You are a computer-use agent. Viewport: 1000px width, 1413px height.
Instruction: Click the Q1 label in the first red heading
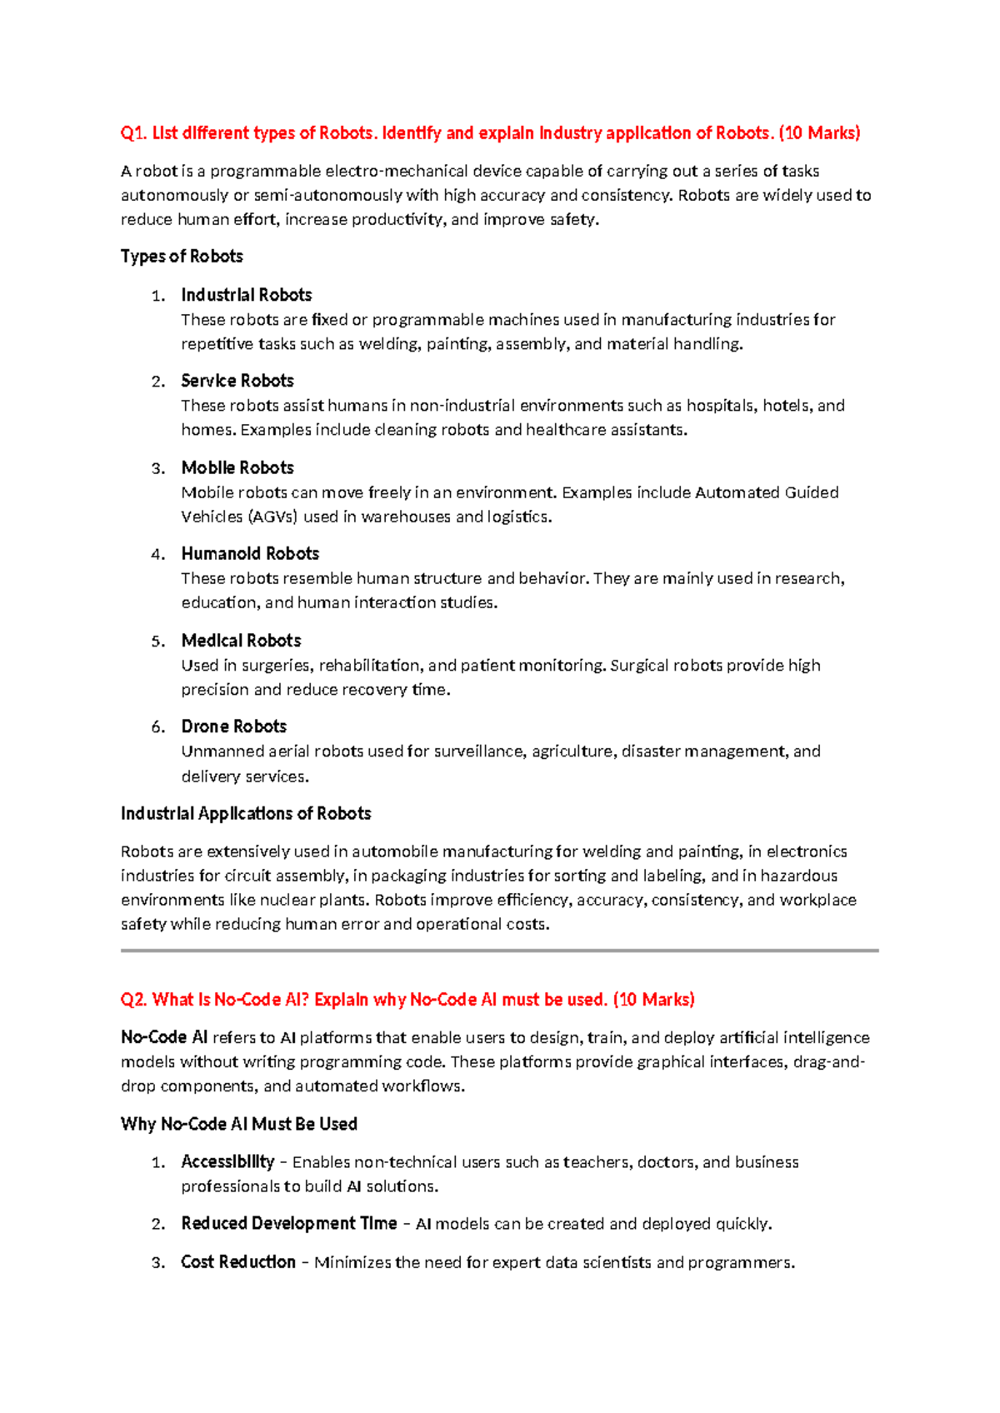pyautogui.click(x=133, y=133)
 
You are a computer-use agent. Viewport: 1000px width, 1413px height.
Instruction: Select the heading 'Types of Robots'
pyautogui.click(x=182, y=257)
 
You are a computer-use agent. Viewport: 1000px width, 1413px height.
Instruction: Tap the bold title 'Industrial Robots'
pyautogui.click(x=247, y=295)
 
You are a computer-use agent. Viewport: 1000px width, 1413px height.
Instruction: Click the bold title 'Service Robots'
pyautogui.click(x=237, y=381)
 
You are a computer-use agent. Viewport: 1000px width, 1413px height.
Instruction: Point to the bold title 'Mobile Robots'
pyautogui.click(x=237, y=467)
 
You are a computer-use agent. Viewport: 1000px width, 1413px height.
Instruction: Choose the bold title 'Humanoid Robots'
pyautogui.click(x=250, y=554)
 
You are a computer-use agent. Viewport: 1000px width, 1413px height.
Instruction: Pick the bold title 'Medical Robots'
pyautogui.click(x=241, y=641)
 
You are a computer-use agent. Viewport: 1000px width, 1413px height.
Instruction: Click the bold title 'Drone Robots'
pyautogui.click(x=234, y=726)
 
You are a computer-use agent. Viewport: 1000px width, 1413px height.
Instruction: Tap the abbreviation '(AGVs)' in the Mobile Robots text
pyautogui.click(x=272, y=517)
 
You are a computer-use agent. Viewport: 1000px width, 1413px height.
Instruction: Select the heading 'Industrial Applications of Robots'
pyautogui.click(x=246, y=813)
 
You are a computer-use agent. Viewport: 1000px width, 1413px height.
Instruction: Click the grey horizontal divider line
pyautogui.click(x=500, y=950)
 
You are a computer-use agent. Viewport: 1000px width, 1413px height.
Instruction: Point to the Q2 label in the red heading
pyautogui.click(x=133, y=1000)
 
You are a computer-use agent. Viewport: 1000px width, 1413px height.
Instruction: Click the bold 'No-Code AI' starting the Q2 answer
pyautogui.click(x=164, y=1037)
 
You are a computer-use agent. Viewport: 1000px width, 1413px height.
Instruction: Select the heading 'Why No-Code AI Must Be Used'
pyautogui.click(x=239, y=1124)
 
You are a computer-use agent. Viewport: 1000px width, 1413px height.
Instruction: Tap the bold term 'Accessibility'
pyautogui.click(x=227, y=1161)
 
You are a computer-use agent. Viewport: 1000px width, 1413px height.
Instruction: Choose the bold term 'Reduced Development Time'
pyautogui.click(x=288, y=1223)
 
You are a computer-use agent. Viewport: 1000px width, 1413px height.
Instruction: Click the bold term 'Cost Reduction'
pyautogui.click(x=238, y=1262)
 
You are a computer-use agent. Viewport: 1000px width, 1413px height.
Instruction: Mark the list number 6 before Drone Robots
pyautogui.click(x=157, y=727)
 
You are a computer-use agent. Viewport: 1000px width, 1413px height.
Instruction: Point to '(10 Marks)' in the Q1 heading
pyautogui.click(x=819, y=133)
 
